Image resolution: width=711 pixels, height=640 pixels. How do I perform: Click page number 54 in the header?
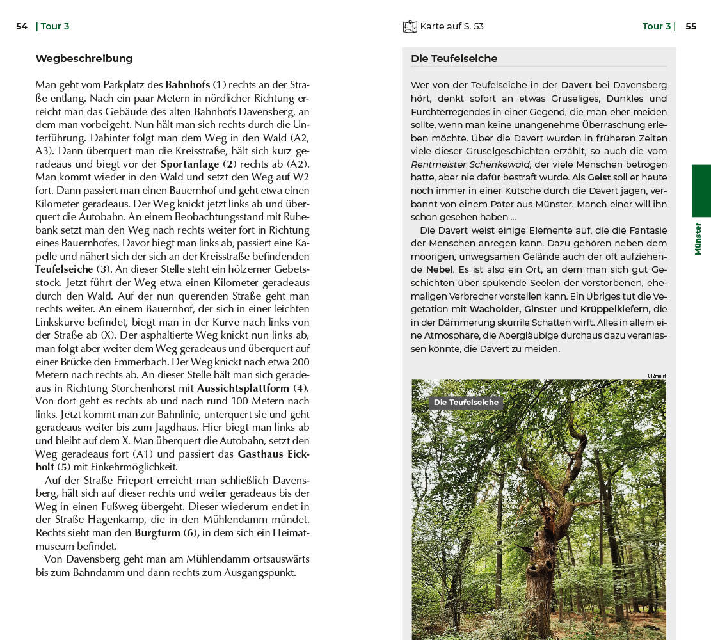22,26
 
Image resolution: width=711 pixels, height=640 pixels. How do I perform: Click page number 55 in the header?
691,26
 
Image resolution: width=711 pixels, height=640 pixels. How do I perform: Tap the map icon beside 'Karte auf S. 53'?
410,26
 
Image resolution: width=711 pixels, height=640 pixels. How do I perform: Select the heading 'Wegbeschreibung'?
84,59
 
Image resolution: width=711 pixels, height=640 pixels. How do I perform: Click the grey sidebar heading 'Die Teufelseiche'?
454,59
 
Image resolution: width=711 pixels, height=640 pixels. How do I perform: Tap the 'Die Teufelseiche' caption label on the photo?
466,403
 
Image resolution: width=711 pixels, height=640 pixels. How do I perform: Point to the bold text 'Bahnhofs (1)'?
196,84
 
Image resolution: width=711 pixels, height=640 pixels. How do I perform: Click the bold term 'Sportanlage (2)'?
198,164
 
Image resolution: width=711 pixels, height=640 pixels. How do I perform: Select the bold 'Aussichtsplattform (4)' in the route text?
253,388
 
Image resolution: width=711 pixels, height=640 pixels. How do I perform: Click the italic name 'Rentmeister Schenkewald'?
470,164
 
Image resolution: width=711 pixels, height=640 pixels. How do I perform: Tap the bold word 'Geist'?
599,177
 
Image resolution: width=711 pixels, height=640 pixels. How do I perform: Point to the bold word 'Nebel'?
440,270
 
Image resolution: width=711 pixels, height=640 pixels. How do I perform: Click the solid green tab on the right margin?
701,191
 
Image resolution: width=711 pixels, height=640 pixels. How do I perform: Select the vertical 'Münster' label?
698,239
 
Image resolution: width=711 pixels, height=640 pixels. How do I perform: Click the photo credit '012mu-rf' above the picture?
657,376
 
